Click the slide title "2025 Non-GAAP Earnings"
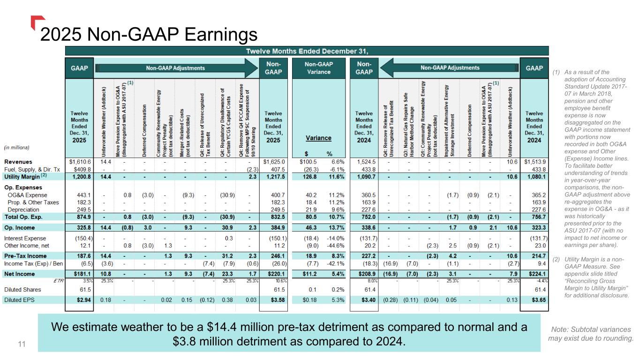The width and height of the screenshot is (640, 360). (x=149, y=34)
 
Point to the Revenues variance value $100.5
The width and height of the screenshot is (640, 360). (x=305, y=162)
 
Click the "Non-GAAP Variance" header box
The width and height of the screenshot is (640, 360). (x=318, y=68)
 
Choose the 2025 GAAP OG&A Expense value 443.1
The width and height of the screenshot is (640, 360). (x=82, y=195)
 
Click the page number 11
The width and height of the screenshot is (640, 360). (x=21, y=345)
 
